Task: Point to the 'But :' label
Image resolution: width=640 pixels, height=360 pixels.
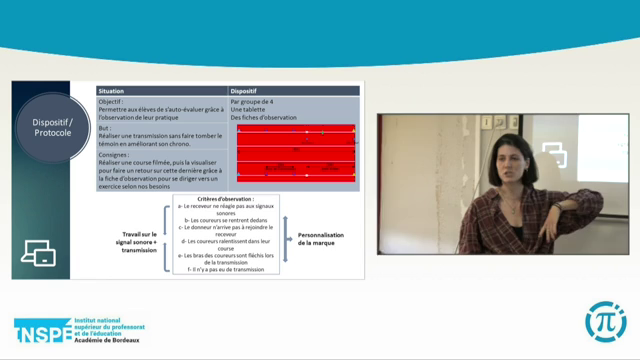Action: (105, 128)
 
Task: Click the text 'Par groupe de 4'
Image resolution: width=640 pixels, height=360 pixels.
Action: (254, 100)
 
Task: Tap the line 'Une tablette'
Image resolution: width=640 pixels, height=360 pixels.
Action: (251, 109)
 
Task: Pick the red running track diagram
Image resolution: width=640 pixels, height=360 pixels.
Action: (295, 154)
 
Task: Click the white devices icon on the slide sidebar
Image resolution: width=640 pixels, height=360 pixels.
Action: (37, 254)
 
